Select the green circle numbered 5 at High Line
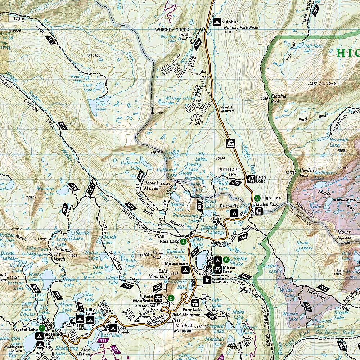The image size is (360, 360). click(257, 198)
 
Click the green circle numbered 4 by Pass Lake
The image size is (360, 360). click(183, 242)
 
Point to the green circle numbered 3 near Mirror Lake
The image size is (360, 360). click(226, 260)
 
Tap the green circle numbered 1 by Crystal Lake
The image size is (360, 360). click(42, 328)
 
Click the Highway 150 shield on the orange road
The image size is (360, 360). click(230, 144)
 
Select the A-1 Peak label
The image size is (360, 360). click(327, 84)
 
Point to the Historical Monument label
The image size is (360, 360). click(227, 109)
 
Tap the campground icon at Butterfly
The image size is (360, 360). click(233, 213)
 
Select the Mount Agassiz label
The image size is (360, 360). click(344, 234)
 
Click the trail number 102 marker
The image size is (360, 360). click(50, 41)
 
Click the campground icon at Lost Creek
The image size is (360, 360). click(113, 328)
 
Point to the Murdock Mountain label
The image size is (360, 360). click(184, 328)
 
